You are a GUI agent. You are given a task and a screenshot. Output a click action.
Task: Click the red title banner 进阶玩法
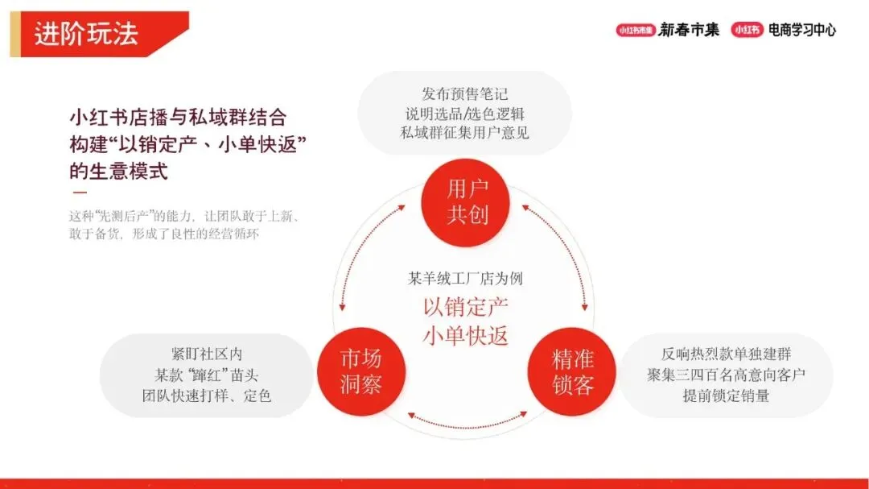click(x=97, y=34)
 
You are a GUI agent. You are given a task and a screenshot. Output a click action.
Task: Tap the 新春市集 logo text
click(x=689, y=31)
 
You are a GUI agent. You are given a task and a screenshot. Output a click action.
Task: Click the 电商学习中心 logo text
click(x=801, y=31)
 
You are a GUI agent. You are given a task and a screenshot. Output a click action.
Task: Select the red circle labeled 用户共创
click(x=467, y=202)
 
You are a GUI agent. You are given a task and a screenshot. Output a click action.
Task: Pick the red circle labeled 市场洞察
click(x=360, y=372)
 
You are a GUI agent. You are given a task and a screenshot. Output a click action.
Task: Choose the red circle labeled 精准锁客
click(x=573, y=372)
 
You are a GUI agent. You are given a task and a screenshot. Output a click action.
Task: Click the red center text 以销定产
click(x=466, y=307)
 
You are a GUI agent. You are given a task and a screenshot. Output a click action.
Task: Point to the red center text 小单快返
click(x=466, y=335)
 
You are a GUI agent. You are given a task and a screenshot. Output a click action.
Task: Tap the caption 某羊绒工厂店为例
click(x=466, y=279)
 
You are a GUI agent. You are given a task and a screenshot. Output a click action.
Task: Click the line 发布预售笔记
click(x=465, y=94)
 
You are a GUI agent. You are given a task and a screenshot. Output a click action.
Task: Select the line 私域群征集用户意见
click(x=465, y=133)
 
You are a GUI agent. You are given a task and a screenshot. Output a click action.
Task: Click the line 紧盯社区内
click(x=207, y=355)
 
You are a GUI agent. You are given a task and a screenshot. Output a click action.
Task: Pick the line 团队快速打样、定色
click(x=207, y=396)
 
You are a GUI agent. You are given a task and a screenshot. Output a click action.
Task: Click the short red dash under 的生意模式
click(x=80, y=193)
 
